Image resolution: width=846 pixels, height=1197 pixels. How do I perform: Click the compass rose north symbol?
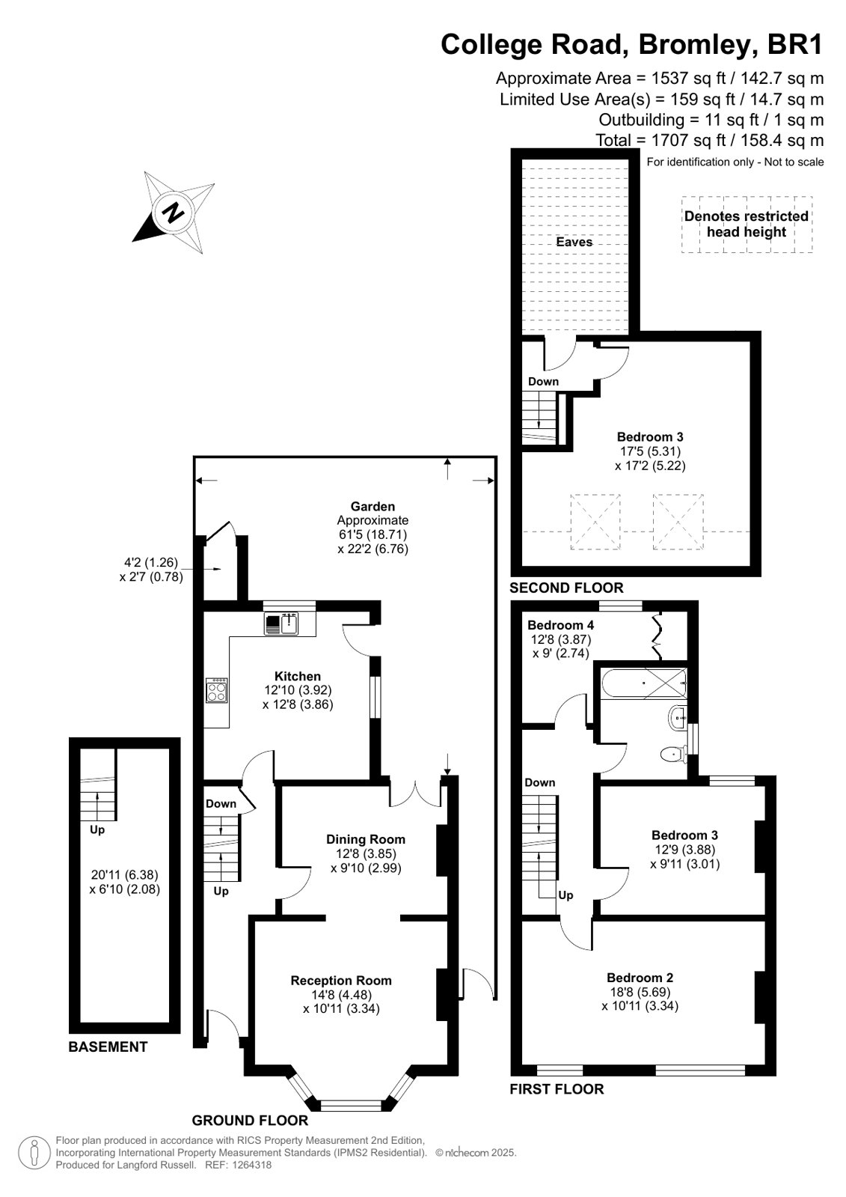point(173,213)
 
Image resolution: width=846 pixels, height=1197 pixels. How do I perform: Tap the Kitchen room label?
point(298,676)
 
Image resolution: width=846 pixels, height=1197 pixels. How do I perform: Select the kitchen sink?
point(281,624)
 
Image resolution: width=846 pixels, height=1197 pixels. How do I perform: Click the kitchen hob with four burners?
point(217,690)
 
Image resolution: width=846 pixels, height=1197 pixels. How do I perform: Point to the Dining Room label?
point(366,839)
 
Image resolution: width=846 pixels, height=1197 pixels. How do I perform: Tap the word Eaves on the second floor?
point(574,242)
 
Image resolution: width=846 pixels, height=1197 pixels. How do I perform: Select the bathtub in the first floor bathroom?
point(643,683)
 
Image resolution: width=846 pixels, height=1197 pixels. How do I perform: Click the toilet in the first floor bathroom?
point(673,755)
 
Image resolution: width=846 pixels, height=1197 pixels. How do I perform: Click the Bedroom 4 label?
point(561,624)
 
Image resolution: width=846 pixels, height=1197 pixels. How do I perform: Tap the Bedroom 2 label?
point(640,978)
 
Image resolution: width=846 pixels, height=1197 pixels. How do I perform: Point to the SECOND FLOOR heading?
point(566,588)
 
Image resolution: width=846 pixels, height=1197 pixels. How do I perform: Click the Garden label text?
point(373,506)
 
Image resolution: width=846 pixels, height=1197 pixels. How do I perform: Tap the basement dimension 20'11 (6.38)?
point(125,875)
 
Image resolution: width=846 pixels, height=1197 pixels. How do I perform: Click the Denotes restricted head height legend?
point(746,224)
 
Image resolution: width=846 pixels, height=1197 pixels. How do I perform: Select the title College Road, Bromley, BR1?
point(632,44)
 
